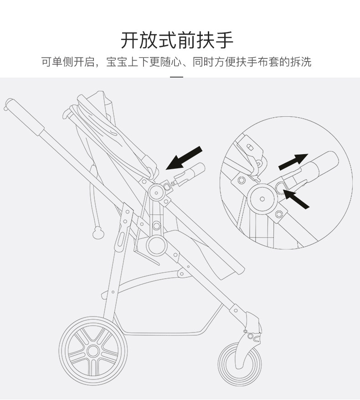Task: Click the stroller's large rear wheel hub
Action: tap(93, 350)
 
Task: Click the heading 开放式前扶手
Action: tap(177, 40)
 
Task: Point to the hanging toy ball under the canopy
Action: tap(97, 234)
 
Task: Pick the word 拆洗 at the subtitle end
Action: tap(301, 62)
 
